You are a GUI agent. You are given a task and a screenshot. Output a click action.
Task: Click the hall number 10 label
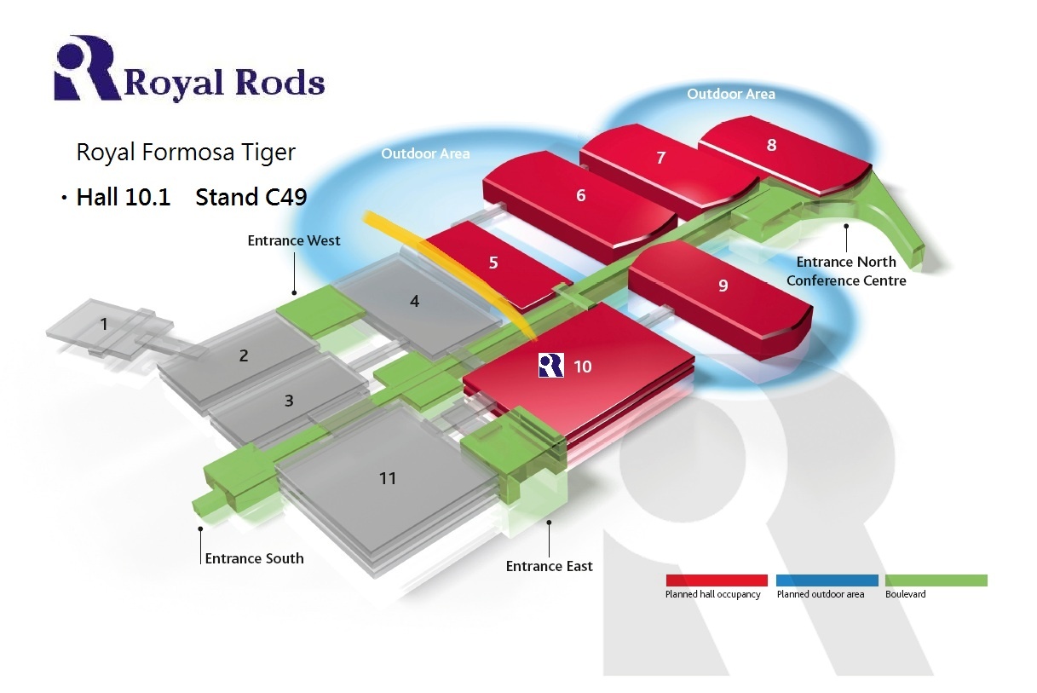(583, 367)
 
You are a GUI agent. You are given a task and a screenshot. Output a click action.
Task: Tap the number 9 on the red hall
(723, 286)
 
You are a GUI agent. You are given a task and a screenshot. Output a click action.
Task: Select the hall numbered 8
(771, 145)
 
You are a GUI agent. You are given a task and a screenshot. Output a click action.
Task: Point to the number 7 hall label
(660, 158)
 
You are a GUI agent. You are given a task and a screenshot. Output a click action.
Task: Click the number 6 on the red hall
(581, 196)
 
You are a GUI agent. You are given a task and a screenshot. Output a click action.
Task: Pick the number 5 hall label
(493, 263)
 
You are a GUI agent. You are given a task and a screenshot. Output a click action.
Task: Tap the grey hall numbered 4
(414, 301)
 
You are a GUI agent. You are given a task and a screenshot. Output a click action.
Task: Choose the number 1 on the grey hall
(104, 324)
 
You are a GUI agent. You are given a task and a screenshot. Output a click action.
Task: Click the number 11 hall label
(388, 478)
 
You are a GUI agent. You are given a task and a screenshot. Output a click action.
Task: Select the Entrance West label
(294, 240)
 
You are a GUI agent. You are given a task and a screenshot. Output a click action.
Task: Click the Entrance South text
(254, 558)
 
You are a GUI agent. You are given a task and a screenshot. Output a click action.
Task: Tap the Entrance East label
(549, 566)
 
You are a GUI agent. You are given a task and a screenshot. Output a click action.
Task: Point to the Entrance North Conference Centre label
(845, 271)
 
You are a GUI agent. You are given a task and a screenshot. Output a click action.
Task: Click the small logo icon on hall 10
(550, 366)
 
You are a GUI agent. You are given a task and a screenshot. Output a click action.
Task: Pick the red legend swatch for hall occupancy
(716, 580)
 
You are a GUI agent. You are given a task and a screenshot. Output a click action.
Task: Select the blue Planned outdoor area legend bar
(827, 580)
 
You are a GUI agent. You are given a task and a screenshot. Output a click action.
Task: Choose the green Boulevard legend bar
(936, 580)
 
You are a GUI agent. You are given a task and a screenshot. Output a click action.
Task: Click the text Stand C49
(251, 197)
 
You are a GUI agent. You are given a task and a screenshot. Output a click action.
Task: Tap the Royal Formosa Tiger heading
(186, 153)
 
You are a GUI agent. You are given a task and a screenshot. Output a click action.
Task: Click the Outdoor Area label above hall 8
(731, 94)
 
